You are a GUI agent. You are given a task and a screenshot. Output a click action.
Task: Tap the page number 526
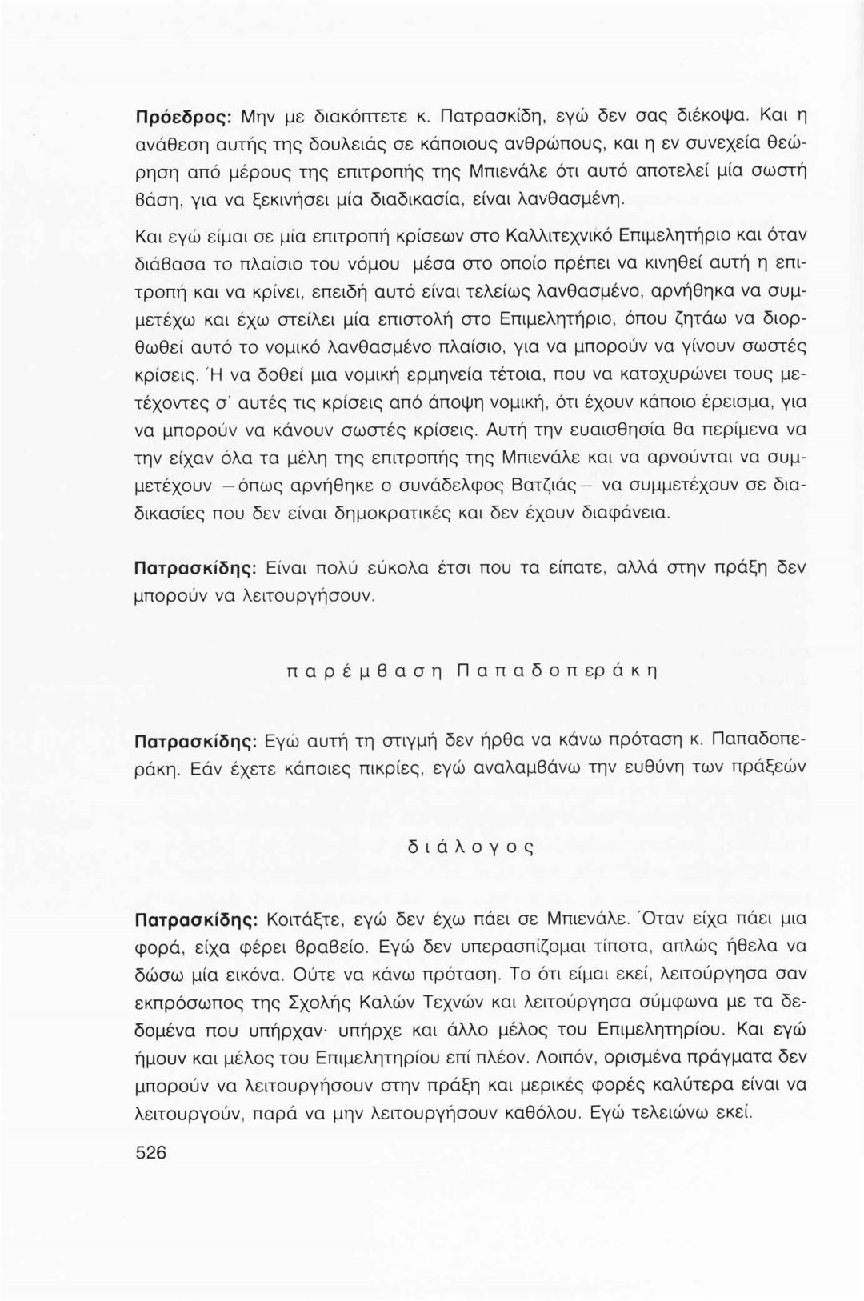pos(151,1153)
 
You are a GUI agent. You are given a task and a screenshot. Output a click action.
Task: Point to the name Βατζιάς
pos(510,486)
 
